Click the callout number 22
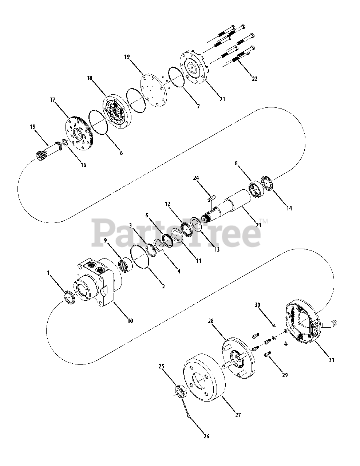(x=254, y=79)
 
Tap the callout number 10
(x=130, y=321)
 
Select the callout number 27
(x=238, y=415)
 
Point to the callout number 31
(x=331, y=360)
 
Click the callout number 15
(x=32, y=127)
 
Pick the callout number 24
(x=196, y=178)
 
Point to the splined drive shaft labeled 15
(x=49, y=149)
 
